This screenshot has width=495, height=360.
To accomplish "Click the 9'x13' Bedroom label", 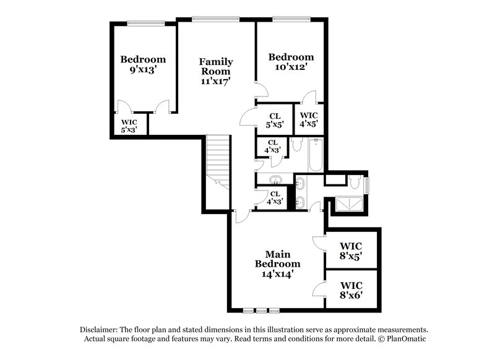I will coord(142,65).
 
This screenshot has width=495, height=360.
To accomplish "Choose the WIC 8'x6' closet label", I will coord(351,290).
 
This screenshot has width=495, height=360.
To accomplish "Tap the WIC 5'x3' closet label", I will coord(129,126).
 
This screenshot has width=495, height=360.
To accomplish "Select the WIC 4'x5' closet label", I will coord(309,119).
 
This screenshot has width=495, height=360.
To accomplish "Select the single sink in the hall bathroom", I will coord(275,180).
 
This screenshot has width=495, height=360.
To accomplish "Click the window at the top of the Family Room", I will coord(215,19).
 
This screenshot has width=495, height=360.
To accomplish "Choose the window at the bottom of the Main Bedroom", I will coord(261,309).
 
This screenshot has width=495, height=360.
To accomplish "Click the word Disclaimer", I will coord(100,330).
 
